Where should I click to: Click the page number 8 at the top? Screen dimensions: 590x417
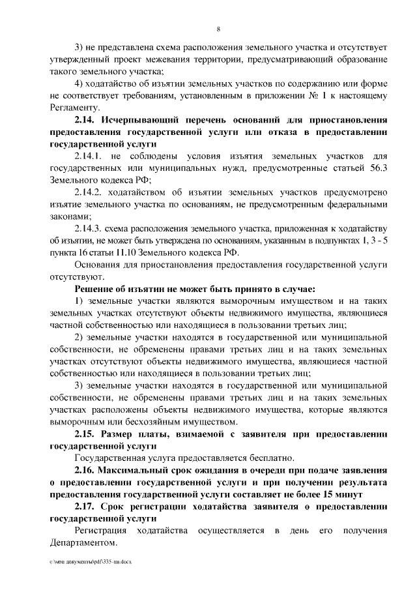tap(218, 28)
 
